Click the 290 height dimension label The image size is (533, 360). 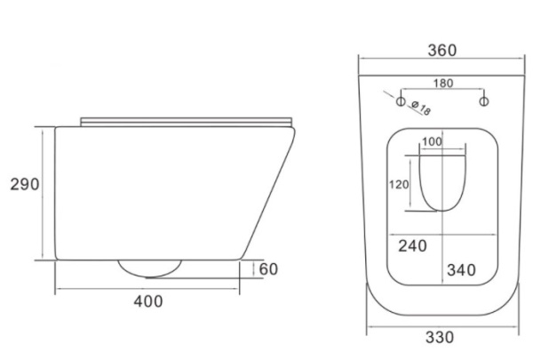(25, 184)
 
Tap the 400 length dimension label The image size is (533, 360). (148, 301)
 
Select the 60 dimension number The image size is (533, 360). (268, 269)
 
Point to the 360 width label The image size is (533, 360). (442, 51)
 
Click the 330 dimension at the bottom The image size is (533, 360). (440, 338)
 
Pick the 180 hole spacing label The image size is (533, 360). (443, 83)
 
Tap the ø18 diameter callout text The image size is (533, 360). (421, 108)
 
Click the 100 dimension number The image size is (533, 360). (432, 141)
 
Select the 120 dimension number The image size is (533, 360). (399, 185)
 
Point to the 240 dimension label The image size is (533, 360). (413, 246)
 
